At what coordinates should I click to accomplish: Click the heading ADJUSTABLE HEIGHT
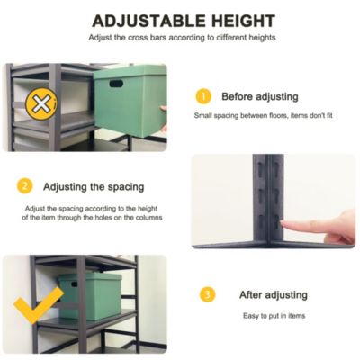183,20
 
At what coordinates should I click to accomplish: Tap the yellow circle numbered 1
203,96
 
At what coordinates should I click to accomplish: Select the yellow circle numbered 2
24,186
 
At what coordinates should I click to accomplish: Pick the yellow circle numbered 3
208,294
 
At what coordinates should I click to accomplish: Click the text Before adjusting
259,96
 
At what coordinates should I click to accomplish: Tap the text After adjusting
273,294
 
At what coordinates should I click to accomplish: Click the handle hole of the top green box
116,84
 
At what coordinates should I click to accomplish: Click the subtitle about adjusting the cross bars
183,38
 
